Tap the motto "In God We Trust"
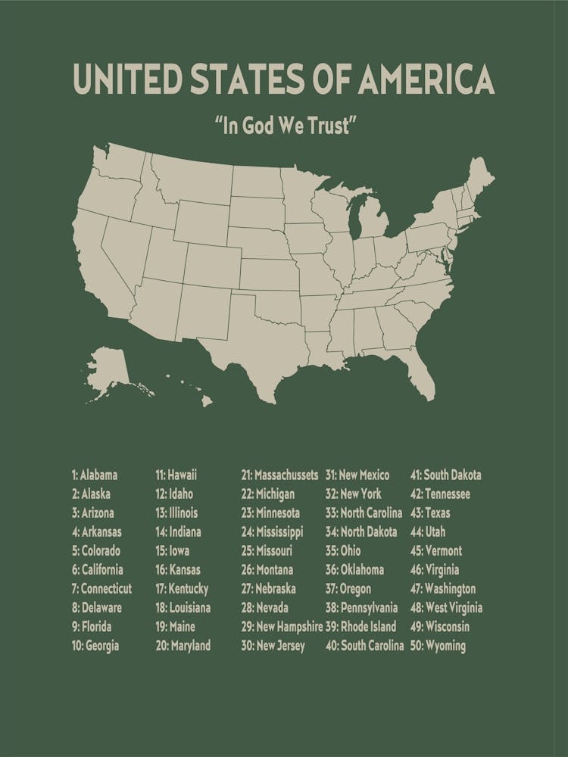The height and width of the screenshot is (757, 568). click(x=284, y=125)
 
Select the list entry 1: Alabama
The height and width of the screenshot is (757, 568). click(x=95, y=475)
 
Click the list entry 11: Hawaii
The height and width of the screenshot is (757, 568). click(x=176, y=475)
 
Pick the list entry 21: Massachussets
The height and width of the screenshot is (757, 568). click(x=279, y=475)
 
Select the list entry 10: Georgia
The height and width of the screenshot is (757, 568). click(x=95, y=646)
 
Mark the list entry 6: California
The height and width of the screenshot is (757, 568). click(x=98, y=570)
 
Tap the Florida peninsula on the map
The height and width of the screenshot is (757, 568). click(x=420, y=371)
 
